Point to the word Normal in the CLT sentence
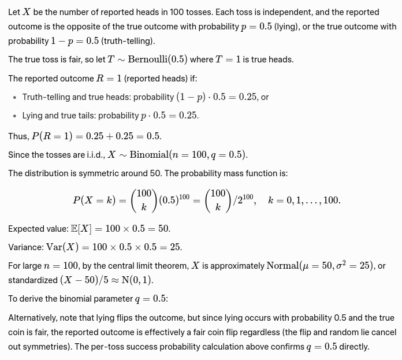point(282,266)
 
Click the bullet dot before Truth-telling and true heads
point(14,98)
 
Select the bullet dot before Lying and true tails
point(14,116)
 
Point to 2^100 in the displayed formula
point(245,199)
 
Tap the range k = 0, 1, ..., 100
point(304,201)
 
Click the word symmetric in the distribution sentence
point(87,173)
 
